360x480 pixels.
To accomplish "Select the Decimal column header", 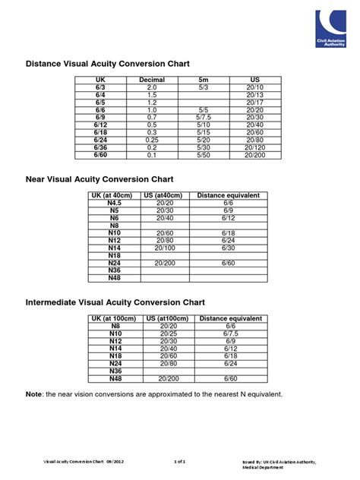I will click(152, 80).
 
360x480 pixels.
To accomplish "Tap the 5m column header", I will click(203, 80).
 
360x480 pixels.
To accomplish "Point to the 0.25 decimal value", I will click(152, 140).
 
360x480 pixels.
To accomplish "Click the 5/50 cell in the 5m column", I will click(203, 155).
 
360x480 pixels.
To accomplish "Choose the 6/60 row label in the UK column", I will click(100, 155).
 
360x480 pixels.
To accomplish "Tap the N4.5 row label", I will click(115, 204).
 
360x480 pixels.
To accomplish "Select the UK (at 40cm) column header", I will click(115, 196).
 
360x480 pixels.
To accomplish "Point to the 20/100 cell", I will click(165, 248).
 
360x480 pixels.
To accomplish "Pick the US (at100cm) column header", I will click(165, 319).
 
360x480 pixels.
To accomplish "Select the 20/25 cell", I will click(165, 333).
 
